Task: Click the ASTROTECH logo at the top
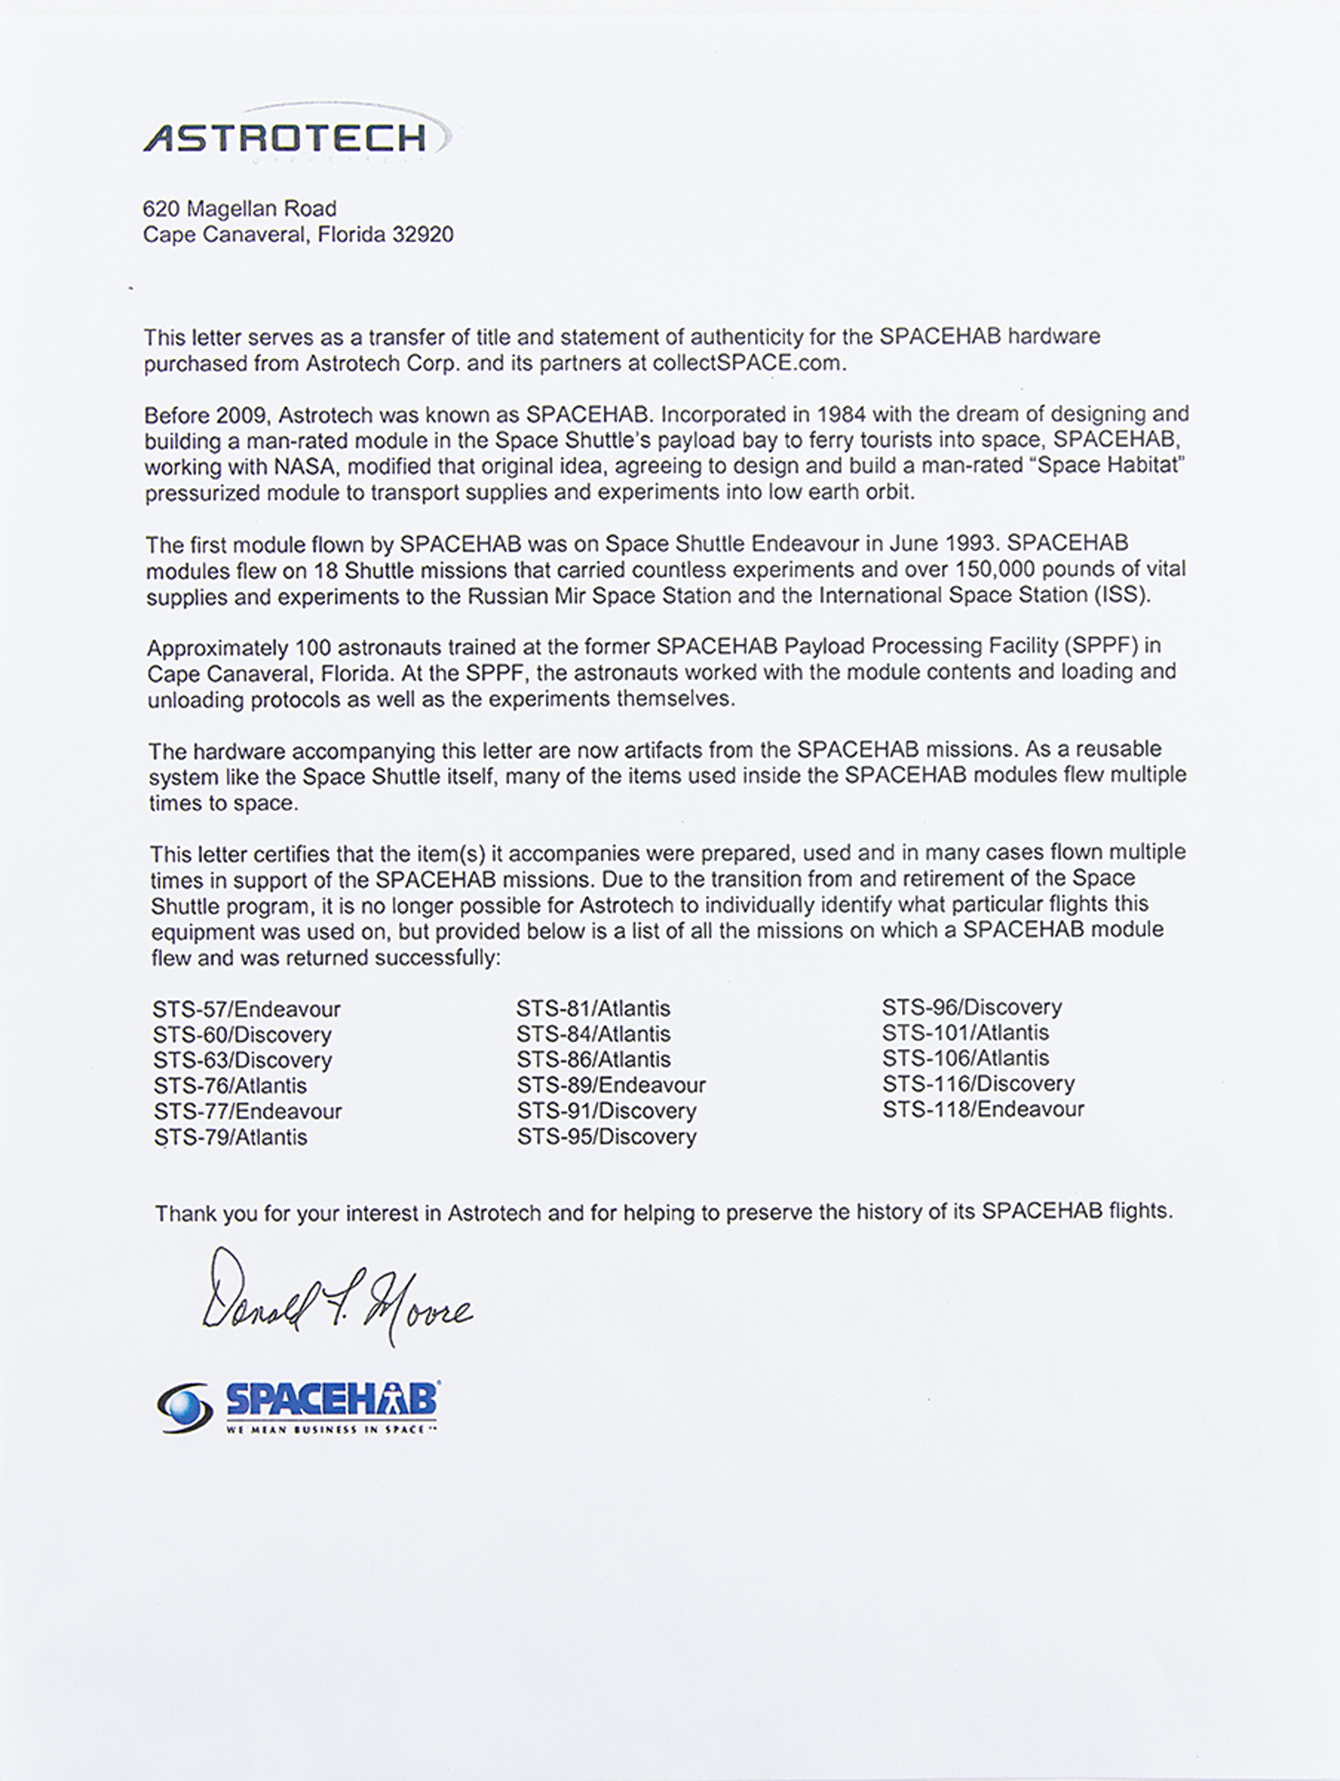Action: pyautogui.click(x=285, y=138)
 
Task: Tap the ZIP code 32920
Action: pyautogui.click(x=423, y=235)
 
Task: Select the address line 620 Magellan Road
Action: pyautogui.click(x=240, y=208)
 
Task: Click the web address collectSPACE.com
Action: pyautogui.click(x=745, y=362)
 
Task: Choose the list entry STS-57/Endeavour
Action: pyautogui.click(x=247, y=1009)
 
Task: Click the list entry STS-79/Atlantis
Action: pyautogui.click(x=231, y=1137)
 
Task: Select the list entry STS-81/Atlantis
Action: pyautogui.click(x=593, y=1009)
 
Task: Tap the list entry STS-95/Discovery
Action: pyautogui.click(x=606, y=1136)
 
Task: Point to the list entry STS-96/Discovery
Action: pyautogui.click(x=971, y=1007)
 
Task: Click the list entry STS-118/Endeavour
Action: pyautogui.click(x=983, y=1110)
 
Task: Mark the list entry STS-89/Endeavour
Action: pyautogui.click(x=611, y=1086)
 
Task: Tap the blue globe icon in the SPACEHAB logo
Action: pyautogui.click(x=184, y=1407)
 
